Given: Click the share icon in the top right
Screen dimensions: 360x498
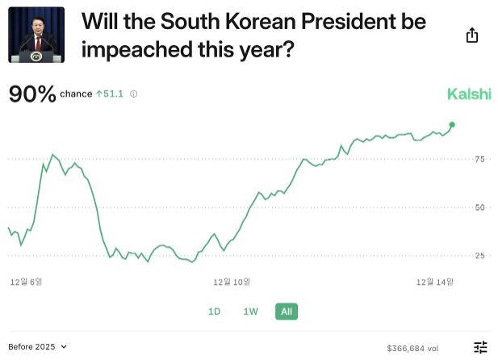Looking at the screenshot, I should click(472, 36).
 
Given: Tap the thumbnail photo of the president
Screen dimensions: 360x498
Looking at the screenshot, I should click(36, 36).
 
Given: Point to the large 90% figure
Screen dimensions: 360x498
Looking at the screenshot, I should click(32, 94).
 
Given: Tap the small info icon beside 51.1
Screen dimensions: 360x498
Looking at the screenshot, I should click(134, 94).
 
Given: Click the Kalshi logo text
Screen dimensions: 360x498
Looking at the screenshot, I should click(469, 94).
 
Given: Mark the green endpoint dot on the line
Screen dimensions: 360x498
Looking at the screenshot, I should click(452, 124).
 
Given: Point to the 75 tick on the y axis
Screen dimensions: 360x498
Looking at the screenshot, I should click(480, 159).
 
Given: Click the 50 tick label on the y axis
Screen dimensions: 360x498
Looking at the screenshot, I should click(480, 207).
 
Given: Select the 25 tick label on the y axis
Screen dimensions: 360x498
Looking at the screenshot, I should click(480, 256).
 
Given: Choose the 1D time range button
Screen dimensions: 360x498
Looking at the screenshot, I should click(215, 312).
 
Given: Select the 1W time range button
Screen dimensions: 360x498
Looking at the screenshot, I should click(251, 312).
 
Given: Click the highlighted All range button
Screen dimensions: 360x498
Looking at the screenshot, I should click(287, 312).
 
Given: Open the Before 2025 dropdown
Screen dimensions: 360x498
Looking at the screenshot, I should click(39, 346).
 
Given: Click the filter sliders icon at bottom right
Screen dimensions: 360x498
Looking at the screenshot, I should click(480, 347).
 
